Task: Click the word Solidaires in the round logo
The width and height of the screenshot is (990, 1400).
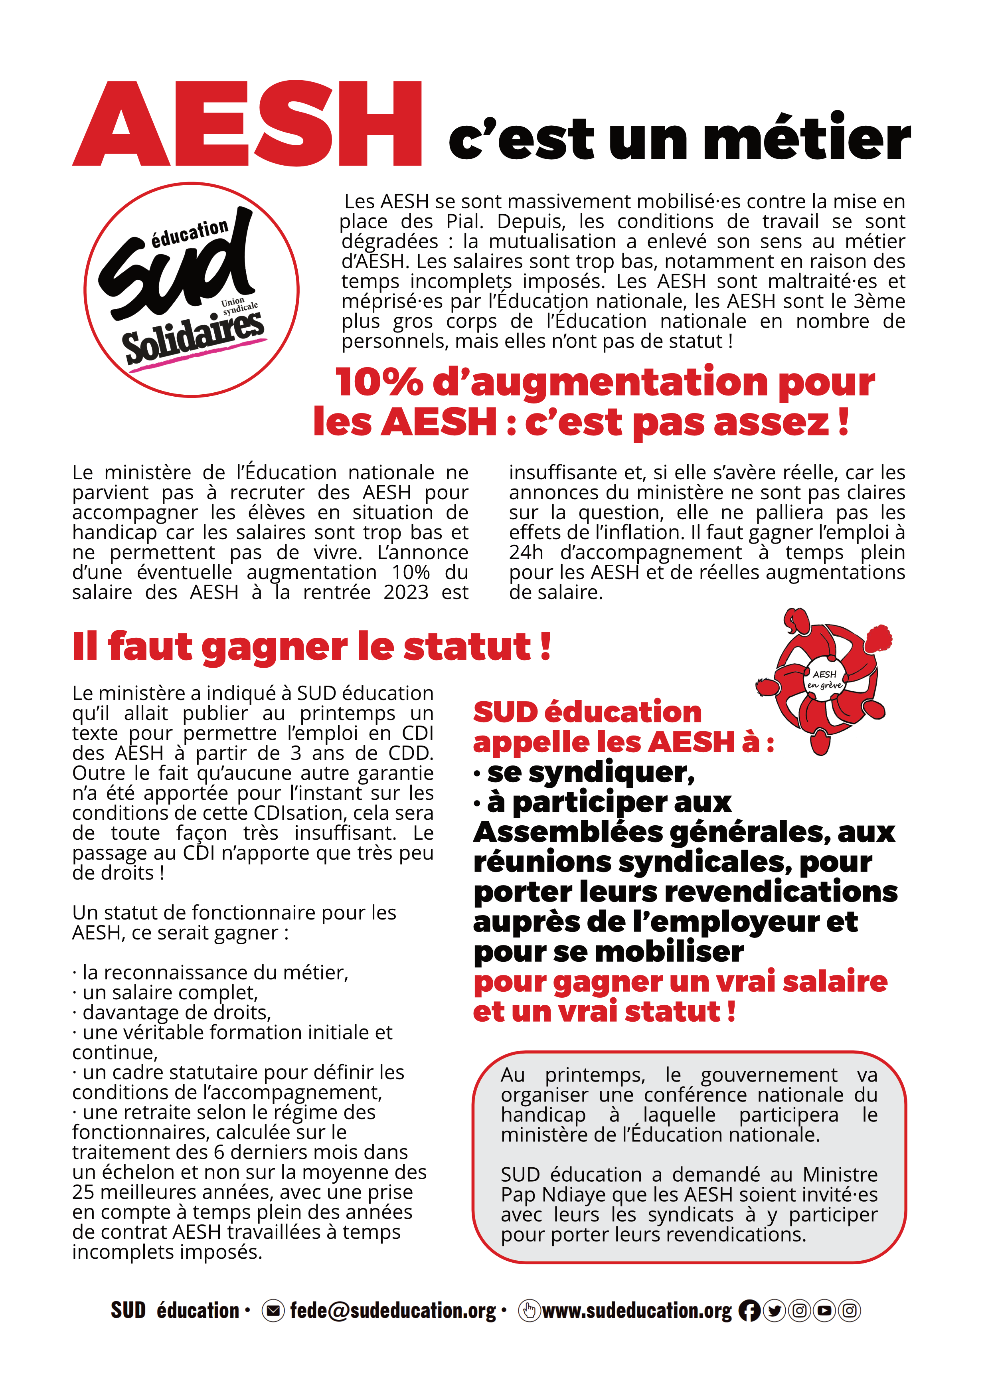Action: [x=194, y=336]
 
